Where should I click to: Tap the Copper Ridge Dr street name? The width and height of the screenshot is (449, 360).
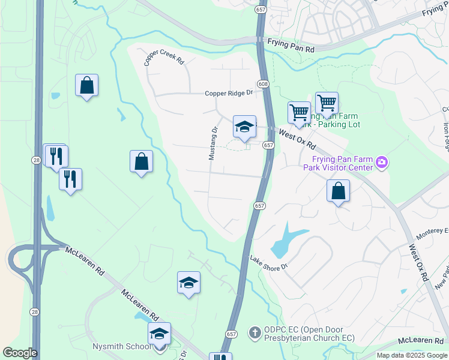coord(229,93)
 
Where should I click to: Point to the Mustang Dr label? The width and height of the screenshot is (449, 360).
coord(212,143)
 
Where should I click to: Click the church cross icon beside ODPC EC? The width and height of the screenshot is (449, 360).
coord(255,331)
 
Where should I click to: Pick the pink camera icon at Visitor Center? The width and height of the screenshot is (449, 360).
coord(381,162)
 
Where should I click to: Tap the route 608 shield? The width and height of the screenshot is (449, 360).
coord(263,84)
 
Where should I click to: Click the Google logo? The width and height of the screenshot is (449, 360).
coord(20,353)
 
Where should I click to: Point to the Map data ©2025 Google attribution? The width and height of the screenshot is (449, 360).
coord(412,355)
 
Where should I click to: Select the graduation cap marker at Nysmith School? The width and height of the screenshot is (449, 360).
coord(160,334)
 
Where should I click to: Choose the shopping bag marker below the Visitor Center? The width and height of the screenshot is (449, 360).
coord(339,191)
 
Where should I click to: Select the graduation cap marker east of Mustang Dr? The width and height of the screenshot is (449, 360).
coord(244,127)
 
